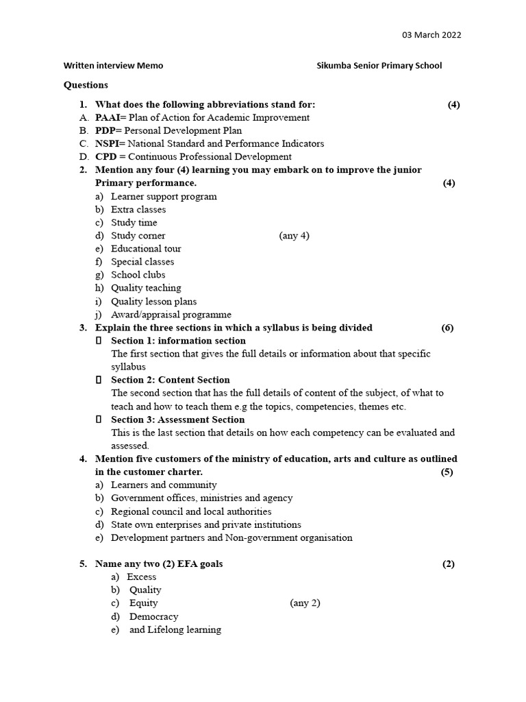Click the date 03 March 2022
(x=430, y=35)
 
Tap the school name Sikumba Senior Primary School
(x=379, y=66)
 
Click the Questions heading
(x=86, y=85)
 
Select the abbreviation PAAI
(x=108, y=118)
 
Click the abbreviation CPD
(x=105, y=157)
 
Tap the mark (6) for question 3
(x=447, y=328)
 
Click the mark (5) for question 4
(x=447, y=472)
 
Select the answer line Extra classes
(x=138, y=210)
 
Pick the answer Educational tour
(x=146, y=249)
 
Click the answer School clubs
(x=138, y=275)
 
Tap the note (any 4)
(x=294, y=236)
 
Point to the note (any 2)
(x=305, y=603)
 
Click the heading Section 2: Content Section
(x=171, y=380)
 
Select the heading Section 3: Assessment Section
(x=177, y=420)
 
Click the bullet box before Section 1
(x=99, y=341)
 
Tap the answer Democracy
(x=153, y=616)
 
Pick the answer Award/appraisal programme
(x=171, y=315)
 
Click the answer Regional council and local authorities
(x=191, y=511)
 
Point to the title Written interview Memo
(x=113, y=66)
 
